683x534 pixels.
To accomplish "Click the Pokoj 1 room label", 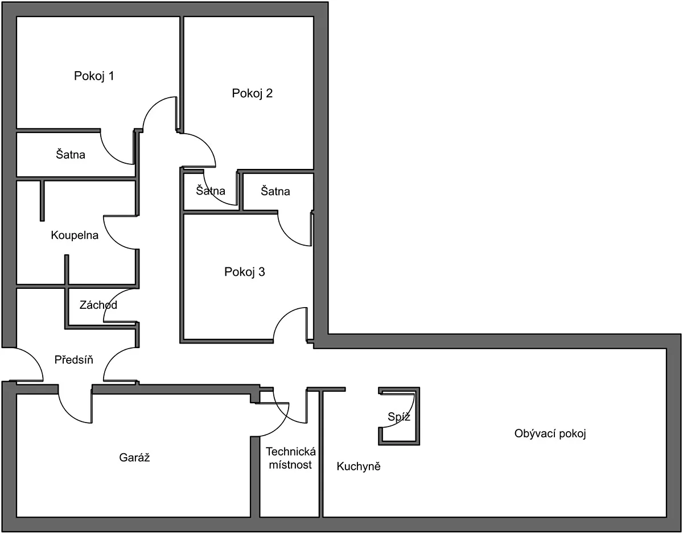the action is click(x=94, y=76).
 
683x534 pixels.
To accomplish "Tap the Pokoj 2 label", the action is click(x=252, y=93).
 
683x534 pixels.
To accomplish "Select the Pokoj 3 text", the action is click(x=245, y=272).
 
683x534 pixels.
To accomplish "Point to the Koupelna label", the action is click(x=75, y=235).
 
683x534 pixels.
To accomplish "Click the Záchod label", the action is click(x=98, y=305).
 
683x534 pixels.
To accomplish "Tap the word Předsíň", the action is click(x=74, y=359).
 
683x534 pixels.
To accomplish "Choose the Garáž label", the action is click(x=134, y=457).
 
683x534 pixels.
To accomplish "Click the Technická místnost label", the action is click(x=291, y=458).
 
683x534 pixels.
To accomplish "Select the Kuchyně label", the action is click(x=359, y=466).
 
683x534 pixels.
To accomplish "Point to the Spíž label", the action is click(x=399, y=417).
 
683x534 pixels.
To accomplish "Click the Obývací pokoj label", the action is click(x=550, y=433).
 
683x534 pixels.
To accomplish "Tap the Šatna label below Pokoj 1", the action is click(x=71, y=155).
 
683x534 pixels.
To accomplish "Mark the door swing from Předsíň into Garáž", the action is click(x=68, y=413).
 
